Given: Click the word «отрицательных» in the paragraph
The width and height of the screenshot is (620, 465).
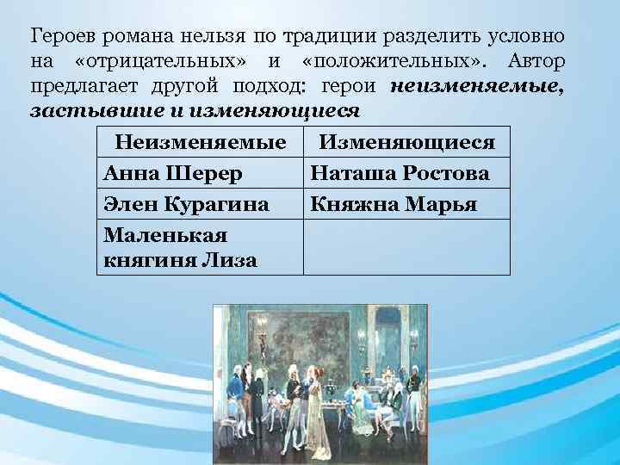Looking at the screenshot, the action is (x=160, y=61).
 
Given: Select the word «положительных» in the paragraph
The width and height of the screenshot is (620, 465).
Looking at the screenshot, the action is (x=394, y=61).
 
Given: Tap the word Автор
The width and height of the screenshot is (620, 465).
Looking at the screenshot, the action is (x=536, y=61).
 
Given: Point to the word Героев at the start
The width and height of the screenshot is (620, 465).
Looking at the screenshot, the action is (x=63, y=37).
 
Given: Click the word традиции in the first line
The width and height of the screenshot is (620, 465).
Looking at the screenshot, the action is (x=329, y=37).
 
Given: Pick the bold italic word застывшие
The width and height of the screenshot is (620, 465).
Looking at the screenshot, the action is (x=96, y=110).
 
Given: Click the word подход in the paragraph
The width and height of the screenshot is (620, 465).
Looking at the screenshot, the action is (x=269, y=86).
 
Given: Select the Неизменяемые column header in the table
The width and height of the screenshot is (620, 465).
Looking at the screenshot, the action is (x=201, y=142).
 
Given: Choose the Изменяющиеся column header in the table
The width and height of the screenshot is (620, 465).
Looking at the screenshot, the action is (x=406, y=142).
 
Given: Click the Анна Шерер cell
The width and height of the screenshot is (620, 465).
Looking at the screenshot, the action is (x=201, y=173).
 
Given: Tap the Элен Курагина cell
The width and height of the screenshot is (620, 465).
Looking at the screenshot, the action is (x=201, y=204).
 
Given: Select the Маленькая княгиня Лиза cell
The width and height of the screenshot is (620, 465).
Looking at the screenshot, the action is (x=201, y=247).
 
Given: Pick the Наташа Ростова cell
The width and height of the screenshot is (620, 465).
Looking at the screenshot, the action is (x=406, y=173).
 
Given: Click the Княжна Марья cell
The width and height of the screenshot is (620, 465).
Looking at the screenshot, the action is (x=406, y=204).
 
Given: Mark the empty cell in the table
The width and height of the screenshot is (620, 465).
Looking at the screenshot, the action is (x=406, y=247).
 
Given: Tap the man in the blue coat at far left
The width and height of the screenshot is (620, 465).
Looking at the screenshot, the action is (x=236, y=400).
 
